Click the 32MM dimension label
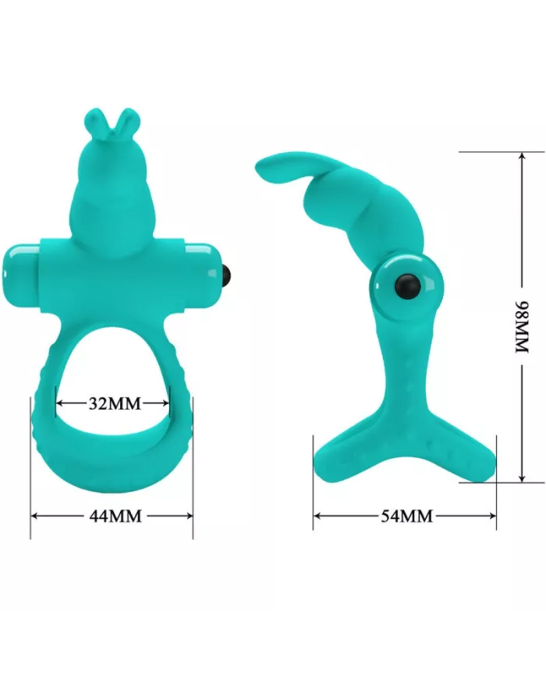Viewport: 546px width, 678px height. [114, 403]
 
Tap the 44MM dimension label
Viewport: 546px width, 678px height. [114, 516]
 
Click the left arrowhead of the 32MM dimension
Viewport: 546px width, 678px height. [60, 403]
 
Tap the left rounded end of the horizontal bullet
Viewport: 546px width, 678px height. [16, 264]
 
